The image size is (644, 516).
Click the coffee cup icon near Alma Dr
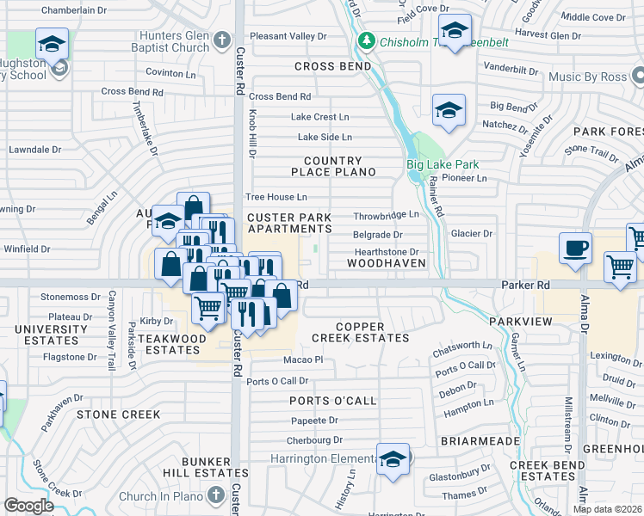pyautogui.click(x=575, y=249)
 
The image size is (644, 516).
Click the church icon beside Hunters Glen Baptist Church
pyautogui.click(x=222, y=40)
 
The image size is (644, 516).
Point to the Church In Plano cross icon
pyautogui.click(x=215, y=496)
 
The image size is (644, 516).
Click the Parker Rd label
pyautogui.click(x=522, y=285)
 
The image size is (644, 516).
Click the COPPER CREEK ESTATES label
pyautogui.click(x=360, y=332)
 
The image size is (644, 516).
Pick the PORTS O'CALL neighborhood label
pyautogui.click(x=333, y=401)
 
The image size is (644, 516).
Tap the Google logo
pyautogui.click(x=28, y=506)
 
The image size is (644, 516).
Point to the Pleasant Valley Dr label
pyautogui.click(x=288, y=37)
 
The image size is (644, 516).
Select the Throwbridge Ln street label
pyautogui.click(x=386, y=215)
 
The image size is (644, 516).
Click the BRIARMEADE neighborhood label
pyautogui.click(x=480, y=440)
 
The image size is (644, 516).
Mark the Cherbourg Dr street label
pyautogui.click(x=316, y=440)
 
